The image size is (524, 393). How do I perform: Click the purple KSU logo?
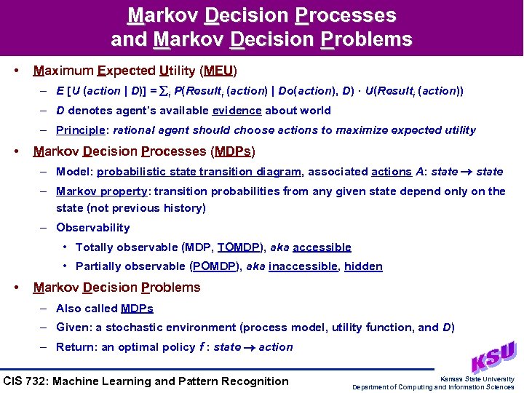[x=493, y=357]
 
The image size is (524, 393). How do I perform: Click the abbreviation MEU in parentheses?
[x=218, y=71]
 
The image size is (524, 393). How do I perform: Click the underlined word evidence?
[x=237, y=111]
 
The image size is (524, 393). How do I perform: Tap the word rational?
[x=135, y=130]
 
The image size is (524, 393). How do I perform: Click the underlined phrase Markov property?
[x=100, y=191]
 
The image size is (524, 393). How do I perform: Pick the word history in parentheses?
[x=180, y=208]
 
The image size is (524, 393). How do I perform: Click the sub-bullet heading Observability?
[x=93, y=228]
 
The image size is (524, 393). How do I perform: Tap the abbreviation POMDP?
[x=214, y=266]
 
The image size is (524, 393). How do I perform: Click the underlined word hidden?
[x=363, y=266]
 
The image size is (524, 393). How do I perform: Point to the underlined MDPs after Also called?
[x=137, y=308]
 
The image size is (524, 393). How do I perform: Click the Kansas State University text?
[x=477, y=378]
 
